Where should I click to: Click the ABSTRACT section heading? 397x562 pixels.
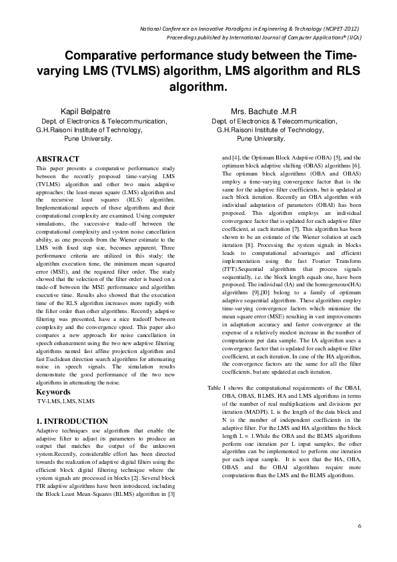click(x=58, y=159)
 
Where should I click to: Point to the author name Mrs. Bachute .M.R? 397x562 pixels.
click(x=264, y=111)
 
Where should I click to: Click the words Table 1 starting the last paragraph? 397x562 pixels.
click(x=218, y=388)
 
